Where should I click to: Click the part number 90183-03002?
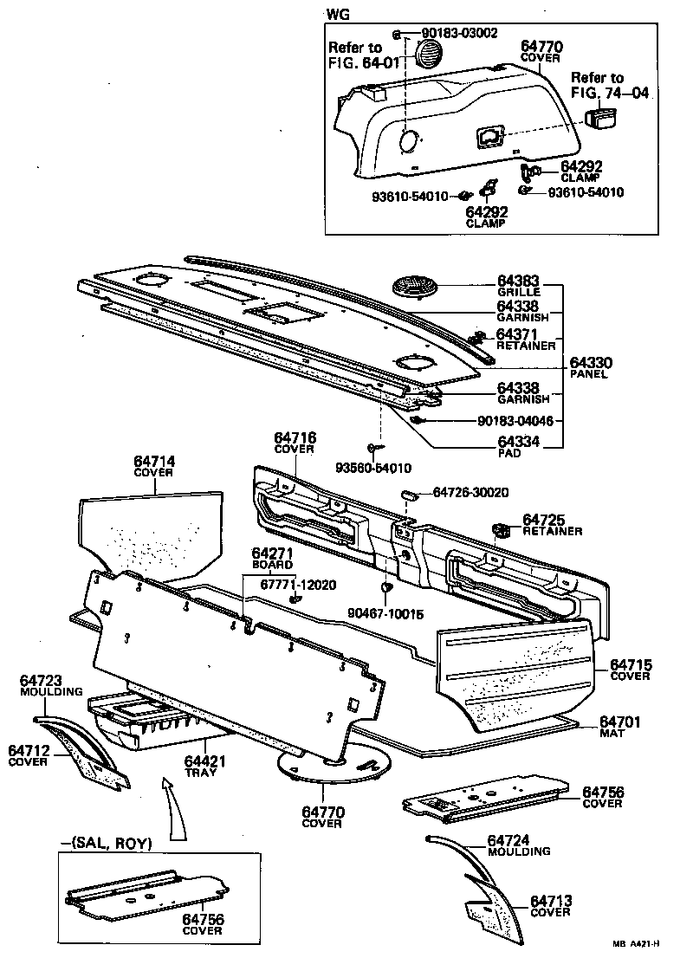coord(459,34)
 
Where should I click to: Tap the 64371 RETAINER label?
coord(526,339)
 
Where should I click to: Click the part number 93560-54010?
coord(373,468)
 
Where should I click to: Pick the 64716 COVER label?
coord(295,443)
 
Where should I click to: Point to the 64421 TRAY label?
coord(204,765)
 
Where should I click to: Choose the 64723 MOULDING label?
coord(52,686)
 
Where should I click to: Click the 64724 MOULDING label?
coord(519,845)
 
